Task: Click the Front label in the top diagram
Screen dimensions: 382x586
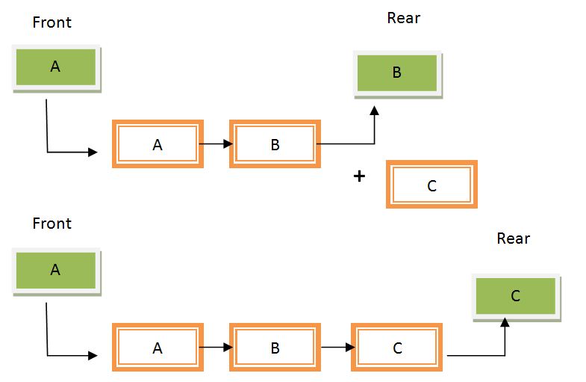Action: pyautogui.click(x=52, y=22)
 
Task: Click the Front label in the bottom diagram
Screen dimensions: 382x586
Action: pyautogui.click(x=52, y=224)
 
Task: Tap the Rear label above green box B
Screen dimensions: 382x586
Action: pyautogui.click(x=404, y=18)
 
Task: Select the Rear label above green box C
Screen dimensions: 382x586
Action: pyautogui.click(x=514, y=238)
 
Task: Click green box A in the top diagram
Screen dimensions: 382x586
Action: pyautogui.click(x=56, y=67)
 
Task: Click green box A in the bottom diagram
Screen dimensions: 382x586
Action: pyautogui.click(x=56, y=271)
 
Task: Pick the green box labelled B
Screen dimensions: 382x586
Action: pyautogui.click(x=397, y=73)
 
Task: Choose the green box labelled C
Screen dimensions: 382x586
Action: pyautogui.click(x=515, y=296)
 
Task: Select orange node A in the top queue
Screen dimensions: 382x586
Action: pyautogui.click(x=158, y=144)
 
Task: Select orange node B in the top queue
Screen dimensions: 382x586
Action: pyautogui.click(x=275, y=144)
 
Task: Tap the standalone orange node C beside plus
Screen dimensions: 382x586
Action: pyautogui.click(x=431, y=185)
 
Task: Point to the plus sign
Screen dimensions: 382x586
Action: pyautogui.click(x=360, y=176)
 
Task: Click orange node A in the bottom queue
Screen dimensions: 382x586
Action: pyautogui.click(x=158, y=348)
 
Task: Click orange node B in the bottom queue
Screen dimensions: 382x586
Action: pyautogui.click(x=275, y=348)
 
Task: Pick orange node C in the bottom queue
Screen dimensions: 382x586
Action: pyautogui.click(x=397, y=348)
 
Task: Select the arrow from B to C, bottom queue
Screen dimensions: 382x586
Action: pyautogui.click(x=337, y=348)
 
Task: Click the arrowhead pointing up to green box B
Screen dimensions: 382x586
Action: pyautogui.click(x=374, y=110)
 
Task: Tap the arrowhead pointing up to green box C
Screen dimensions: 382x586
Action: pyautogui.click(x=505, y=322)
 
